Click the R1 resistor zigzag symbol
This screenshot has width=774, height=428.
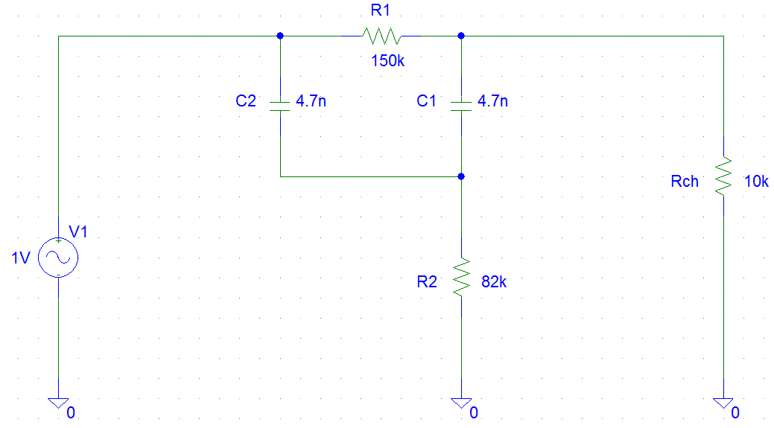point(381,36)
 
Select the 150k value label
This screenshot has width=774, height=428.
point(387,61)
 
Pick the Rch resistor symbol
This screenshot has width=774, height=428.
point(723,176)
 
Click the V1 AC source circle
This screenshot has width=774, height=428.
point(58,258)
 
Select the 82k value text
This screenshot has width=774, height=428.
point(494,282)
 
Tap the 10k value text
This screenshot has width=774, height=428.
point(756,181)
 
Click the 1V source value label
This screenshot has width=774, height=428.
point(21,258)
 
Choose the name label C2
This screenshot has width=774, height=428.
point(246,101)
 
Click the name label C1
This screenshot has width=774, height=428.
point(427,101)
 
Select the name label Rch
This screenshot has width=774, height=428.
point(685,181)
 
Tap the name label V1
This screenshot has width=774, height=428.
point(77,232)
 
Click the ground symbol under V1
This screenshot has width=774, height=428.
point(58,403)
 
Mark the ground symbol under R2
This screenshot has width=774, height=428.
point(461,403)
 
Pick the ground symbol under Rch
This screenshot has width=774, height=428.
point(723,403)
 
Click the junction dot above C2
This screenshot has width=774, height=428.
point(279,36)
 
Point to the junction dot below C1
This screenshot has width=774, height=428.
point(461,176)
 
